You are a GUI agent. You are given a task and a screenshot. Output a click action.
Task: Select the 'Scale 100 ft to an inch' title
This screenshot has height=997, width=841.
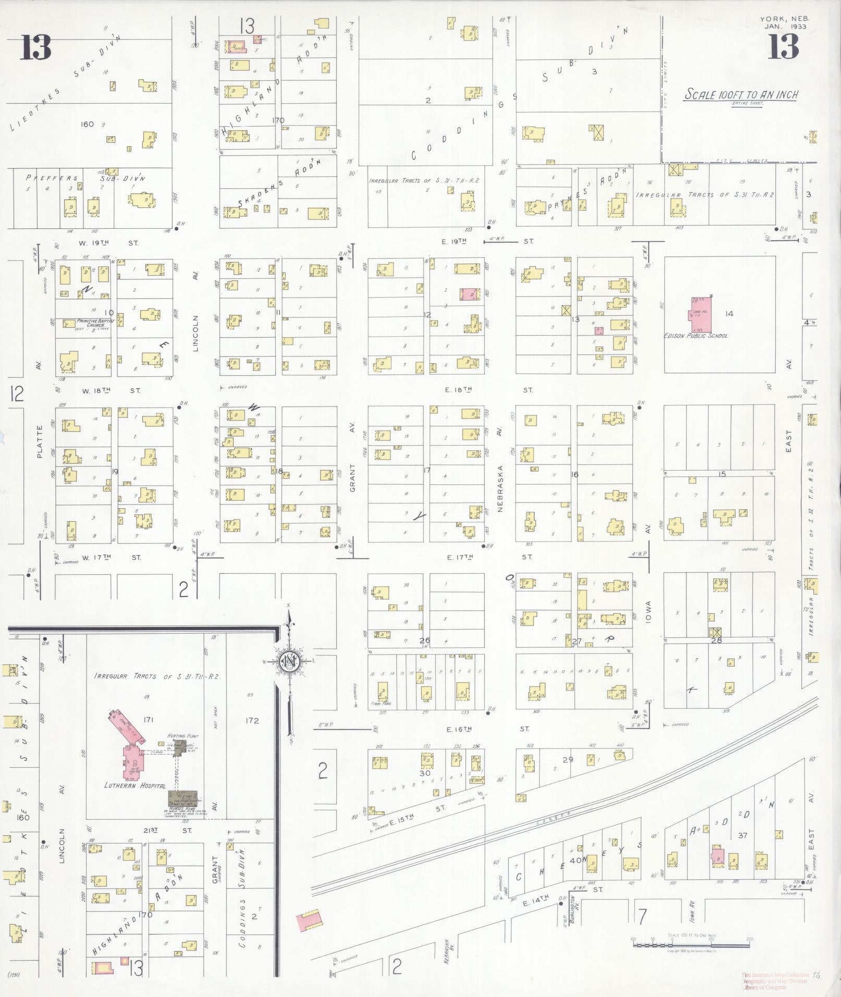point(741,95)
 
